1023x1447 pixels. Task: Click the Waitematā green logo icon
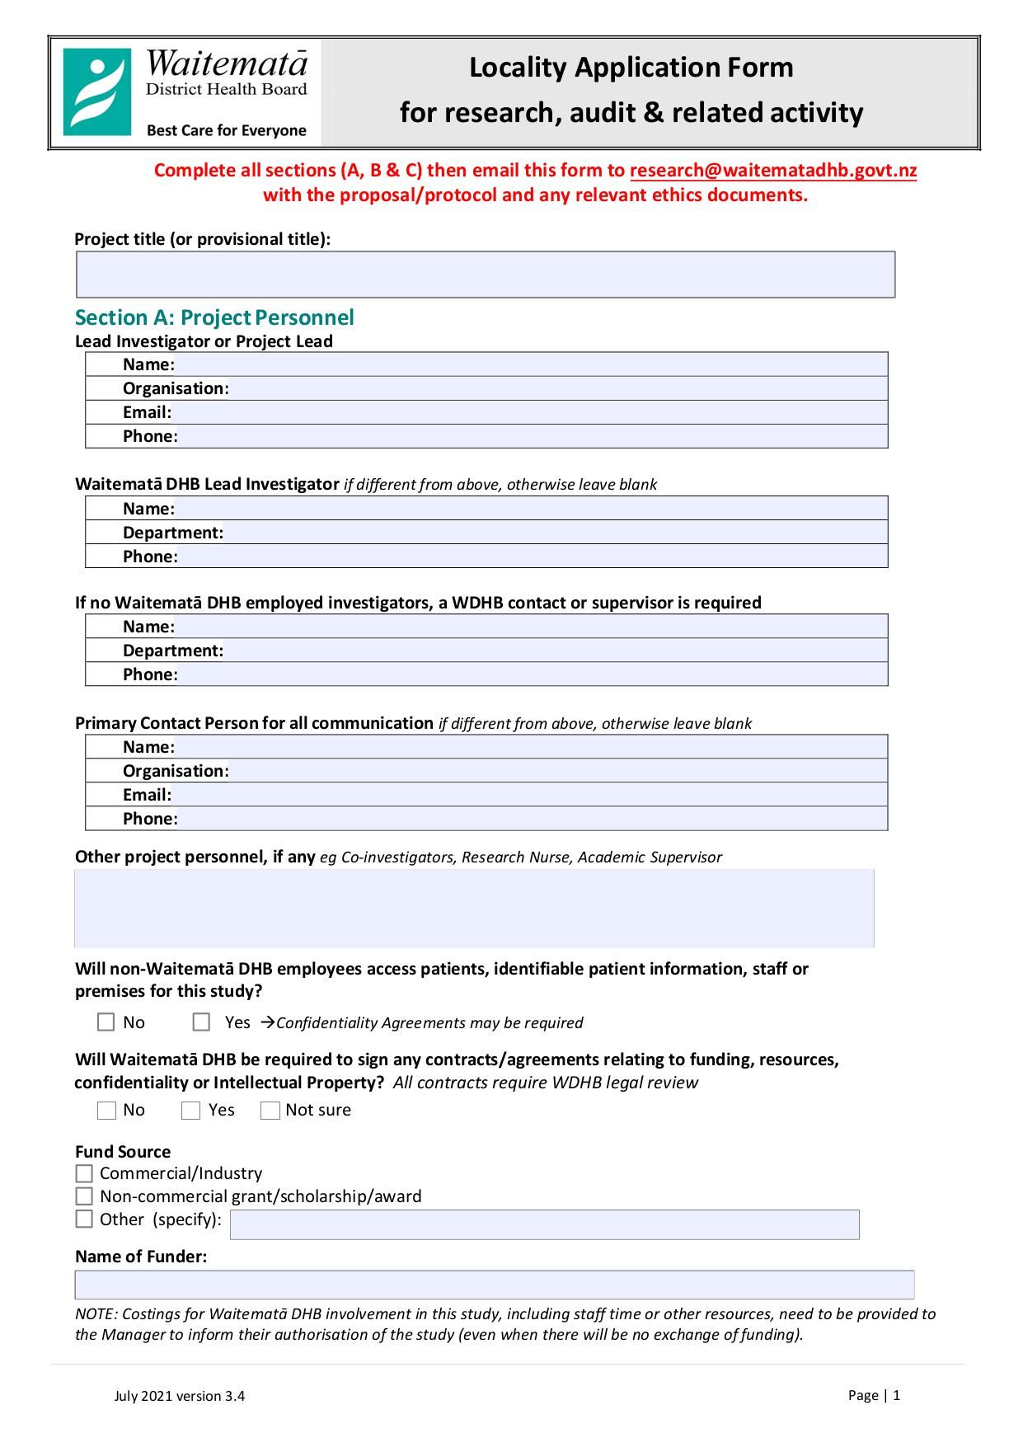click(x=97, y=92)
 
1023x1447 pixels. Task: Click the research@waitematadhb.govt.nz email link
click(x=772, y=171)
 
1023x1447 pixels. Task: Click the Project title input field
click(x=485, y=275)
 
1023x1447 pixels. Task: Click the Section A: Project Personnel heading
click(x=214, y=317)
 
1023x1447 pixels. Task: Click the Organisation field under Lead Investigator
click(x=556, y=388)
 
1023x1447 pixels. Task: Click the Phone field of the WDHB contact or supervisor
click(x=532, y=674)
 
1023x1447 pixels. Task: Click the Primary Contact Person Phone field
click(x=532, y=819)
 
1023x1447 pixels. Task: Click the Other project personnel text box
click(x=474, y=908)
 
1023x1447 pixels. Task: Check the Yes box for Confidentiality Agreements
click(x=201, y=1022)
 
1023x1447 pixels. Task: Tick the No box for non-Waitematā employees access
click(x=106, y=1022)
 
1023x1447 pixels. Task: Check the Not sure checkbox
click(x=270, y=1111)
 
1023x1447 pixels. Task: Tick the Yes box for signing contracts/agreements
click(x=190, y=1111)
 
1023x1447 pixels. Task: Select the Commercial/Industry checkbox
click(x=84, y=1173)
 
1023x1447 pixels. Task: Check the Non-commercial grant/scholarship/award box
click(x=84, y=1196)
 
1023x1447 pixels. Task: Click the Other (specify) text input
click(x=544, y=1224)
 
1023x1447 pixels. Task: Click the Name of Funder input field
click(x=495, y=1285)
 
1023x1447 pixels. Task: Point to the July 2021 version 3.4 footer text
click(x=179, y=1396)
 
